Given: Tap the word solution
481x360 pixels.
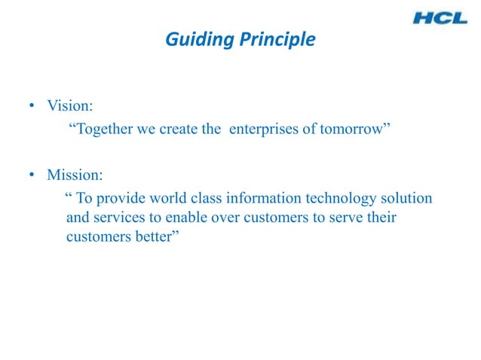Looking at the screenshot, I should pyautogui.click(x=406, y=199).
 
